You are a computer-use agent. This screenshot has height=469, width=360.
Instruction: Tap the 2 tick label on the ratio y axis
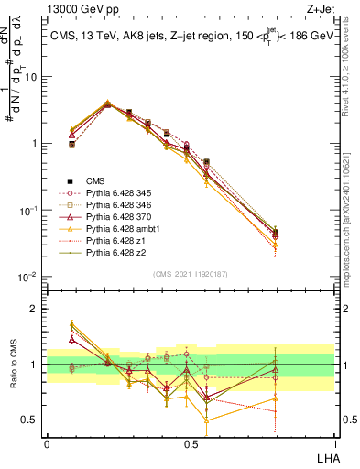[x=36, y=309]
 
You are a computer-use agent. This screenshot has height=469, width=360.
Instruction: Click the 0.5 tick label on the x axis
[x=190, y=443]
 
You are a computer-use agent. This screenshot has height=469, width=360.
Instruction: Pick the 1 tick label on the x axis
[x=334, y=443]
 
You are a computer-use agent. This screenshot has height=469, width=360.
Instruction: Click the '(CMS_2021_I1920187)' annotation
[x=190, y=273]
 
